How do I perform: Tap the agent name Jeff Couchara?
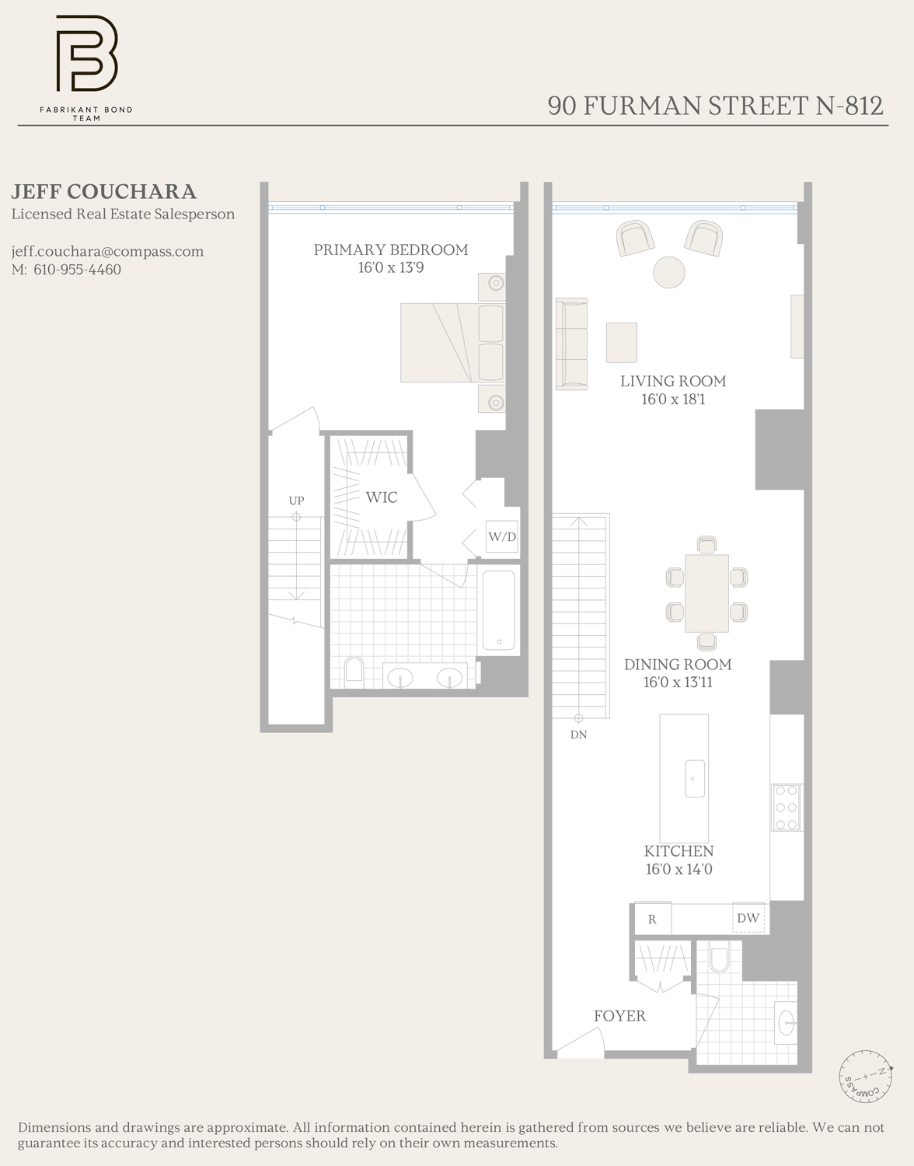tap(103, 192)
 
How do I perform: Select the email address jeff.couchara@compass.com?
tap(107, 251)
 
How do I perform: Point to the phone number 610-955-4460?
tap(77, 270)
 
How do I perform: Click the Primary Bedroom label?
tap(391, 250)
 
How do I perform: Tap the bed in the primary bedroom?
tap(452, 343)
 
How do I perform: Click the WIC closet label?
tap(382, 497)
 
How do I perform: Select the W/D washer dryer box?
tap(502, 536)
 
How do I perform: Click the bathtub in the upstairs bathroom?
tap(498, 611)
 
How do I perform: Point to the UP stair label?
tap(296, 501)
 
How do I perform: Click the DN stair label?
tap(578, 735)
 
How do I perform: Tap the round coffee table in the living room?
tap(668, 272)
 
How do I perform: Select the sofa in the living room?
tap(571, 343)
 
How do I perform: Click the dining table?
tap(706, 593)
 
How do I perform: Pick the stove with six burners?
tap(787, 808)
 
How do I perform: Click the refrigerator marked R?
tap(652, 919)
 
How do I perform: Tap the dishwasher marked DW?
tap(748, 918)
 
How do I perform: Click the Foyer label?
tap(619, 1016)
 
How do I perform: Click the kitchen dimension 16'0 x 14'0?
tap(679, 869)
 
